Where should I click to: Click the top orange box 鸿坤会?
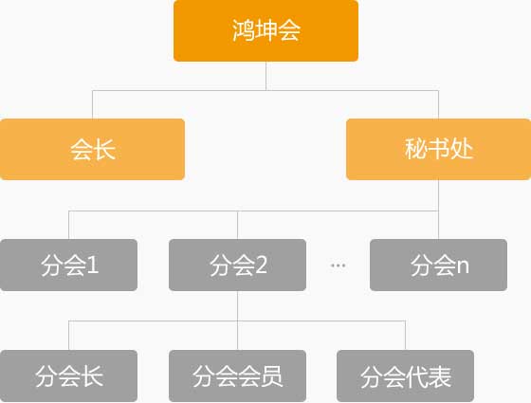(x=265, y=30)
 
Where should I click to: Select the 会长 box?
(x=92, y=150)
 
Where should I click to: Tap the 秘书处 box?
(x=438, y=150)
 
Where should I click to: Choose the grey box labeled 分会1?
(x=68, y=265)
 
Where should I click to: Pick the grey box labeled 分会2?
(x=237, y=265)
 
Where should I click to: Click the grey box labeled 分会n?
(x=438, y=265)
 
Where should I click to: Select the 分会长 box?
(x=68, y=376)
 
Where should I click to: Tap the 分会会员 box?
(x=237, y=376)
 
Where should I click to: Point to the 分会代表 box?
(x=406, y=376)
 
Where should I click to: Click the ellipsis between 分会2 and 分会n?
(x=338, y=266)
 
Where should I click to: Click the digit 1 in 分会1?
(x=93, y=265)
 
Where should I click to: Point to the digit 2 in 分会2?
(x=261, y=265)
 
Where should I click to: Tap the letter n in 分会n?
(x=463, y=266)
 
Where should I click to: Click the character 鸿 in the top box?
(x=244, y=30)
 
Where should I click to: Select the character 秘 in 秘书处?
(x=416, y=149)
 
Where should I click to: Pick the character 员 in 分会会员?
(x=271, y=376)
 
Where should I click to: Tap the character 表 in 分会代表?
(x=440, y=376)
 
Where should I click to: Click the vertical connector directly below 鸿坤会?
(x=265, y=76)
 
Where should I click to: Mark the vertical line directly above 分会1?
(x=68, y=225)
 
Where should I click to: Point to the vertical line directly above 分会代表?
(x=406, y=336)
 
